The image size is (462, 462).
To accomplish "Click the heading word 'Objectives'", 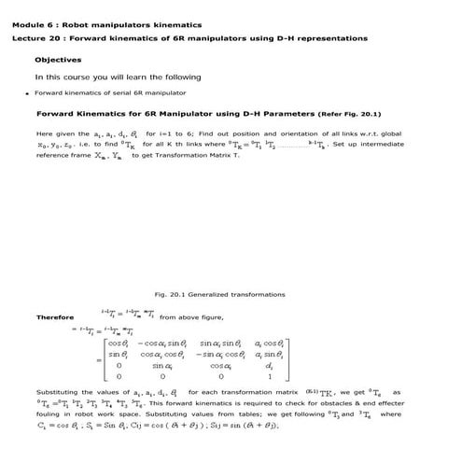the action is (59, 59).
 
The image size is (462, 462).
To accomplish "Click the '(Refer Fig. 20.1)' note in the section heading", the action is (350, 114).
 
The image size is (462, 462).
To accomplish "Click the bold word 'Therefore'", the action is (55, 317).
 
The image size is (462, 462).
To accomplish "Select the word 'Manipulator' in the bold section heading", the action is (177, 114).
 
